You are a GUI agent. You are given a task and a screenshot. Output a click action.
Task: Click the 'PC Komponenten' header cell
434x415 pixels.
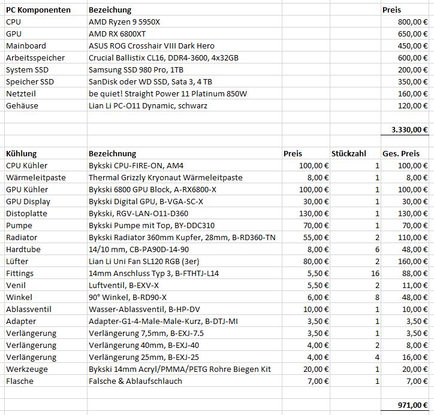38,10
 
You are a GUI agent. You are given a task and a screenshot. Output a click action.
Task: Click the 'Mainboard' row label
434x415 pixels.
26,46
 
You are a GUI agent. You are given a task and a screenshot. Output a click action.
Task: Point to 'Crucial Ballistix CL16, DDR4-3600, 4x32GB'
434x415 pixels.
164,57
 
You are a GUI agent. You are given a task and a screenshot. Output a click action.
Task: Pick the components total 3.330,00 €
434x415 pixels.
409,129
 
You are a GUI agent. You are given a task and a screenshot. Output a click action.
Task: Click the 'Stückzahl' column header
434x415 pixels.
348,153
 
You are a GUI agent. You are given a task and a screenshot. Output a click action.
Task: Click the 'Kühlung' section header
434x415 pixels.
21,153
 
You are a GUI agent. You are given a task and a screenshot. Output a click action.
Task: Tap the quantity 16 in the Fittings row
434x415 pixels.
375,273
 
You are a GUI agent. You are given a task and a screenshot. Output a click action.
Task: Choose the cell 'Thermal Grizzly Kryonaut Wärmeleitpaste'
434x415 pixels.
165,177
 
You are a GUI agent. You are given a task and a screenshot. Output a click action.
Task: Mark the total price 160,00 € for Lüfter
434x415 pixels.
413,261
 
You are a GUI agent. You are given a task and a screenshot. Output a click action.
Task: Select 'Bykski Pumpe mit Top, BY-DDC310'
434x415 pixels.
151,225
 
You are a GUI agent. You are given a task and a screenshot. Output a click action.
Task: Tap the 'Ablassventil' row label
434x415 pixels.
29,309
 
